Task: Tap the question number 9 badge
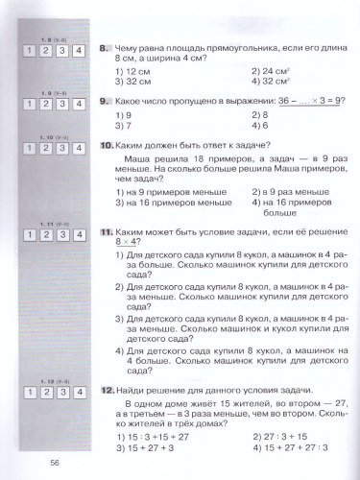click(x=107, y=101)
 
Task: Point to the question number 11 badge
click(x=108, y=232)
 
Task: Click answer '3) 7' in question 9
click(x=124, y=126)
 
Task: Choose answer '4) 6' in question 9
click(x=262, y=126)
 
